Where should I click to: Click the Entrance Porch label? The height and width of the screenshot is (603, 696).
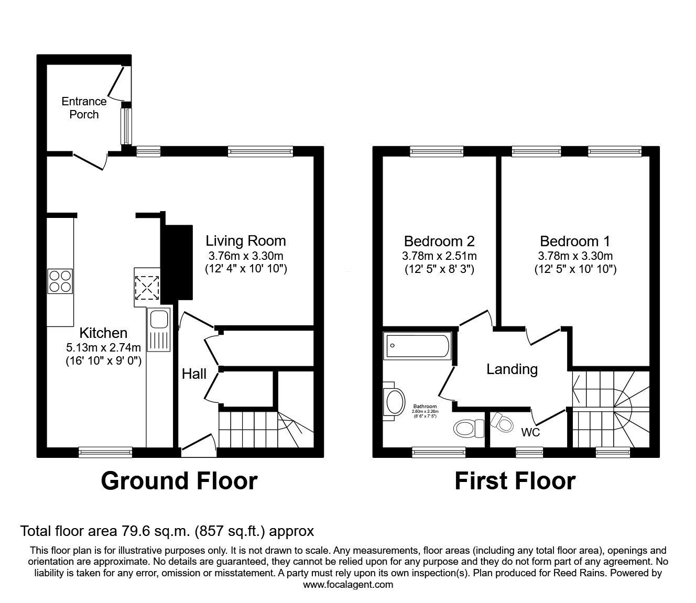[84, 107]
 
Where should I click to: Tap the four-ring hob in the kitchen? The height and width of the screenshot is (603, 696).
[60, 281]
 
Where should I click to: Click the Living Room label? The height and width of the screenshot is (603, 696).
[245, 241]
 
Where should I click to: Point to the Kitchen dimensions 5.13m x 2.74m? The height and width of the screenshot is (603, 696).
[103, 347]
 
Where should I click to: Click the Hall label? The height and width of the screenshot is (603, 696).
[194, 374]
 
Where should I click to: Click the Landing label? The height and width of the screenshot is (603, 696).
[512, 369]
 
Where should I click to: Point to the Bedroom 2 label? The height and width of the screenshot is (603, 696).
[439, 241]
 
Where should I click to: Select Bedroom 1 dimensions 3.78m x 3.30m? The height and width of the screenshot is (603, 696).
[575, 256]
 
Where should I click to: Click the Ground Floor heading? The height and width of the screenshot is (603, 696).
[179, 481]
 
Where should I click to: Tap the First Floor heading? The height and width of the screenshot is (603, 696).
[515, 481]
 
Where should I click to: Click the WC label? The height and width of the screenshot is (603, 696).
[530, 433]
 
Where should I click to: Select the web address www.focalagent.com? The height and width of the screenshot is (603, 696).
[348, 585]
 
